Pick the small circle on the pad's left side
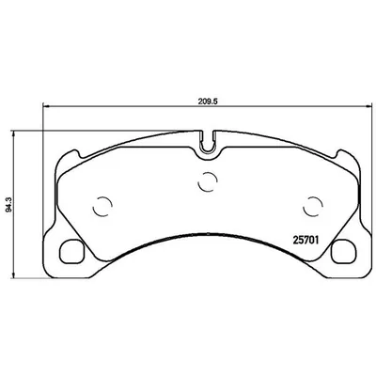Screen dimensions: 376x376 click(105, 207)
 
